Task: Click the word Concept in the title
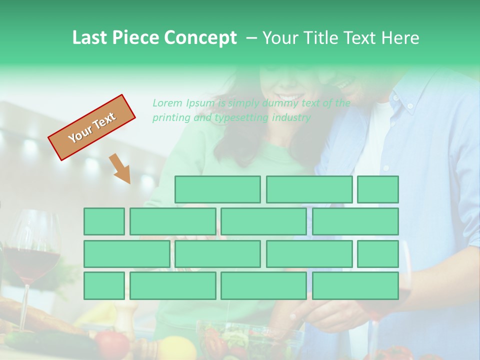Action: [200, 38]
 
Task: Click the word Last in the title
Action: [90, 38]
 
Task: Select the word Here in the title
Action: [400, 38]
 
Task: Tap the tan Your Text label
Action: [92, 127]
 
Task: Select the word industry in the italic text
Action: [291, 118]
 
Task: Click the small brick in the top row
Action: [378, 189]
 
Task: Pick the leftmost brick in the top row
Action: [217, 189]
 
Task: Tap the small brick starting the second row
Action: [104, 221]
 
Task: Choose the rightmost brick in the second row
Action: [355, 221]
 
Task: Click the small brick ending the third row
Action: [378, 253]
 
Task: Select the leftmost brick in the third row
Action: [126, 253]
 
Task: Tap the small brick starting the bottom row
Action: [104, 285]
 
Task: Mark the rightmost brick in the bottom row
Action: [355, 285]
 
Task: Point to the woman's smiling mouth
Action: [290, 96]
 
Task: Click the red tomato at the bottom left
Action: [112, 343]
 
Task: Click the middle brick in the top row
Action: [309, 189]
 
